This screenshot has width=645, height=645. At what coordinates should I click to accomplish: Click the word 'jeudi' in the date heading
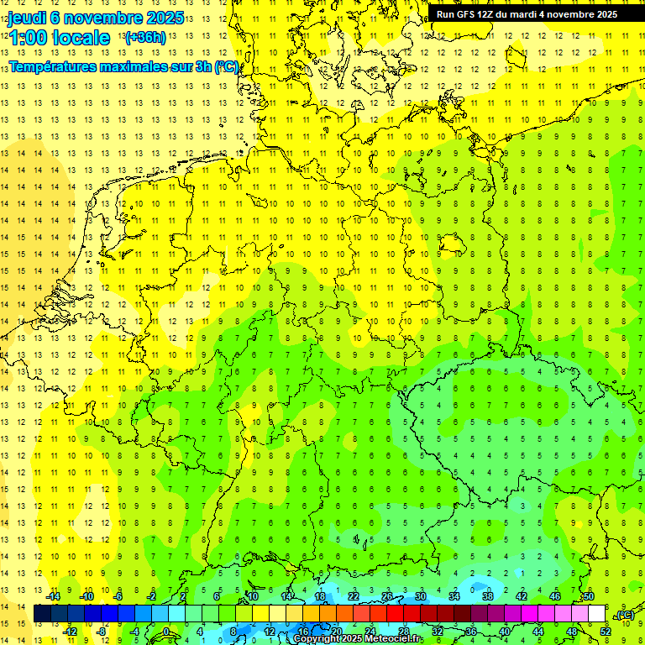pos(27,18)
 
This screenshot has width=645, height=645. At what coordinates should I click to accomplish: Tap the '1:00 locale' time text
pos(60,38)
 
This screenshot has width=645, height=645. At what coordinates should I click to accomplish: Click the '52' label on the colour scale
pos(606,631)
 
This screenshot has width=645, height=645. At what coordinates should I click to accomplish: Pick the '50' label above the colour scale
pos(589,596)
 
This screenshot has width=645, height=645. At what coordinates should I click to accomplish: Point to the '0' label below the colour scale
pos(167,631)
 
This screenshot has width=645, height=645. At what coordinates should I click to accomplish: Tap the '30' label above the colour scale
pos(420,596)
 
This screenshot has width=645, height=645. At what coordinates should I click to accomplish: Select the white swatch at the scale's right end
pos(597,614)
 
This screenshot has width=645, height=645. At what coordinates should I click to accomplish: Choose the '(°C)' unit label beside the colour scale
pos(625,616)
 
